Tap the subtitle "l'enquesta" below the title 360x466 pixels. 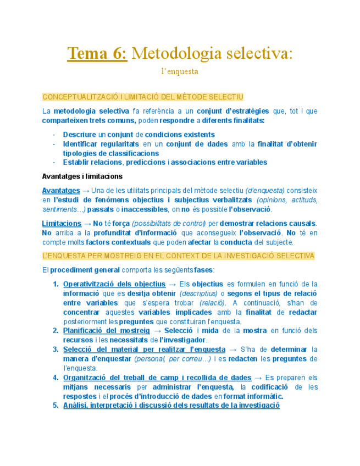click(180, 71)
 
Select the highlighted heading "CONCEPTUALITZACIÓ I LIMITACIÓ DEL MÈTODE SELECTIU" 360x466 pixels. click(142, 97)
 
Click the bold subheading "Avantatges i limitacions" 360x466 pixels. click(82, 176)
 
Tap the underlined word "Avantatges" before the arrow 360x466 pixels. click(60, 190)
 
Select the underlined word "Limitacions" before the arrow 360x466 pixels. click(62, 224)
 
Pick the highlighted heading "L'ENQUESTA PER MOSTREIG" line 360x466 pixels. click(178, 256)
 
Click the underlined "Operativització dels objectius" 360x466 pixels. click(114, 284)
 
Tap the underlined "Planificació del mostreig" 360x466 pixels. click(106, 331)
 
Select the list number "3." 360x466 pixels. click(56, 349)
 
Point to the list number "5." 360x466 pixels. click(56, 406)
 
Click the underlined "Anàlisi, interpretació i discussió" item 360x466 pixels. click(171, 406)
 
